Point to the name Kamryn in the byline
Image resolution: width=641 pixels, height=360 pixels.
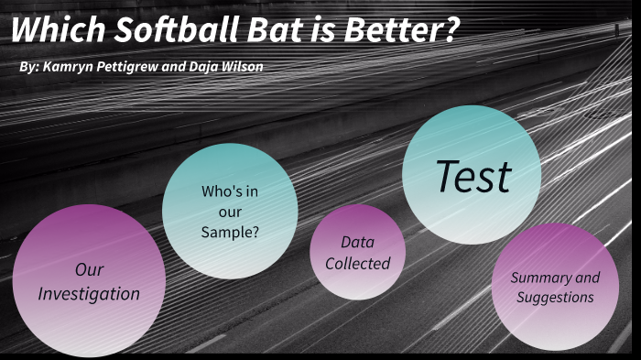pyautogui.click(x=68, y=68)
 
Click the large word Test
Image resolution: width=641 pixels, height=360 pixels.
pyautogui.click(x=473, y=176)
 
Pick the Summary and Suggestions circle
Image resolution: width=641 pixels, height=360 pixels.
pyautogui.click(x=555, y=287)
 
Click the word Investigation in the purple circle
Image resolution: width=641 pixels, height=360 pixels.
pyautogui.click(x=89, y=294)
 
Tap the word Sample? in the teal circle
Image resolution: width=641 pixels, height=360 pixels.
pyautogui.click(x=230, y=232)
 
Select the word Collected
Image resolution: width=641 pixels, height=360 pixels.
pyautogui.click(x=359, y=263)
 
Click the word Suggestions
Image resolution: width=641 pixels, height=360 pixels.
pyautogui.click(x=555, y=297)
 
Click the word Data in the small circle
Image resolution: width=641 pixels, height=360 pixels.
pyautogui.click(x=357, y=242)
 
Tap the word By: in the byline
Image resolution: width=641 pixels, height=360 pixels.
pyautogui.click(x=27, y=68)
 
